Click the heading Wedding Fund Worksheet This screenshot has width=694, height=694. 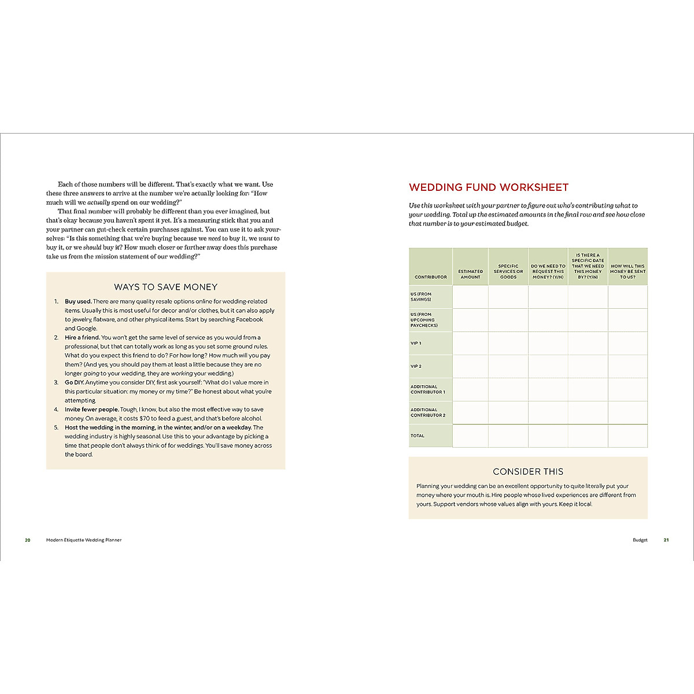489,187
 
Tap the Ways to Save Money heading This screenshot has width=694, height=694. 165,287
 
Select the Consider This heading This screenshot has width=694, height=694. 528,472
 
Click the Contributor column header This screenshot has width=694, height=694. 430,277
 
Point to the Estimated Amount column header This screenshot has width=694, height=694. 470,274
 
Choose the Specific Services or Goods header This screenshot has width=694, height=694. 508,272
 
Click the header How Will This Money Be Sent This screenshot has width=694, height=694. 627,272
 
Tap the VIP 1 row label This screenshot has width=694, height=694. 416,344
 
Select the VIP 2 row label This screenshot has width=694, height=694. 416,367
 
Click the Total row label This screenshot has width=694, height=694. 418,436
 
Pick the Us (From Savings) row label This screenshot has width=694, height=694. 421,297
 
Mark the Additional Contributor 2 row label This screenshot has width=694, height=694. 428,412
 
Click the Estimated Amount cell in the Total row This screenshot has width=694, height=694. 470,436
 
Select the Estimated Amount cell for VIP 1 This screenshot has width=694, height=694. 470,344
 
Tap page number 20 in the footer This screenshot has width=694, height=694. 27,540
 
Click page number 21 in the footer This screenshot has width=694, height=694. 666,540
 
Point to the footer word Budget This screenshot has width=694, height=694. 640,540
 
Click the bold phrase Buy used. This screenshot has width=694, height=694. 78,301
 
